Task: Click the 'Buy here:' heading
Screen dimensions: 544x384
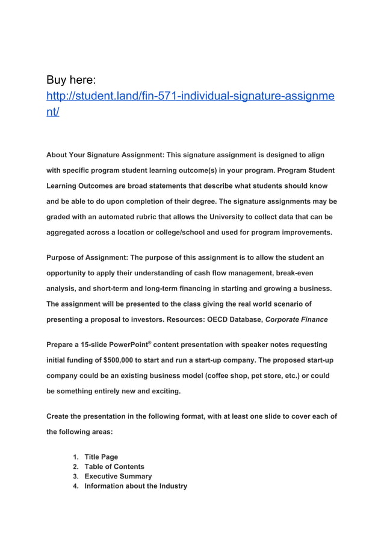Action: (x=75, y=80)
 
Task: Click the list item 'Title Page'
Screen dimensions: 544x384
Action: (x=101, y=457)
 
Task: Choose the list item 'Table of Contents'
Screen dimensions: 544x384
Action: (x=114, y=466)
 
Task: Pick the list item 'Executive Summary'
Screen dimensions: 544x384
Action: (x=118, y=476)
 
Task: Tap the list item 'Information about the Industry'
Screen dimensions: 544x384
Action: (x=135, y=486)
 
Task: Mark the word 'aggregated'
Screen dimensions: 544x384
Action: (x=69, y=232)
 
